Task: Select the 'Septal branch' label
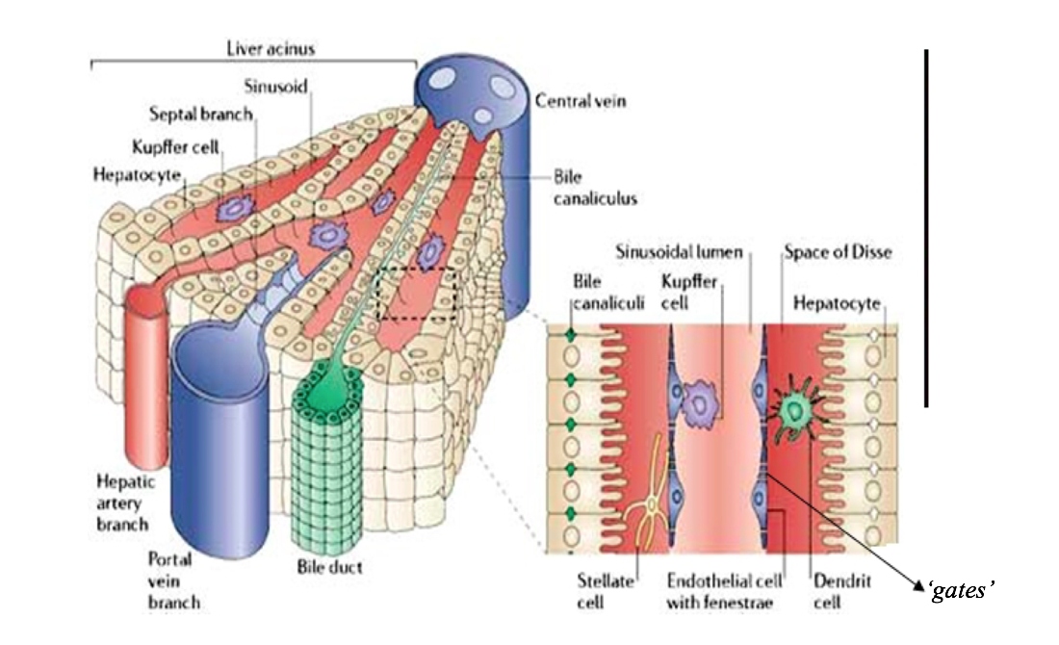click(x=201, y=114)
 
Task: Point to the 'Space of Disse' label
click(x=837, y=252)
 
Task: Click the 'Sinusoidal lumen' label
click(x=679, y=252)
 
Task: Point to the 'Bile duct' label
click(x=330, y=567)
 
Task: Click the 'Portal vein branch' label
click(x=174, y=580)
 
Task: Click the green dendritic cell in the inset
click(x=795, y=411)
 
